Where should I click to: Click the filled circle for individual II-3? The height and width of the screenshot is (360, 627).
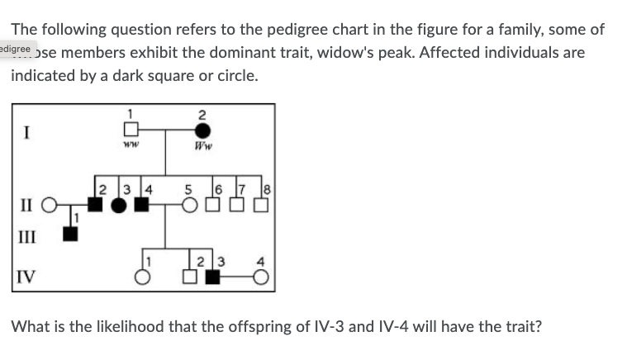coord(121,203)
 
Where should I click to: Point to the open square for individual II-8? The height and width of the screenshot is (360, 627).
coord(260,203)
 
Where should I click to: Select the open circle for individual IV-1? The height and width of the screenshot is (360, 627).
coord(142,277)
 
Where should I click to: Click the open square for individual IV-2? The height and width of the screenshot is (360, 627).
coord(189,277)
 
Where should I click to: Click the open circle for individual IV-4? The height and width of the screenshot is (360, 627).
coord(260,277)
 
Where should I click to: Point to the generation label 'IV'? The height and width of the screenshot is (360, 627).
coord(25,275)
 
